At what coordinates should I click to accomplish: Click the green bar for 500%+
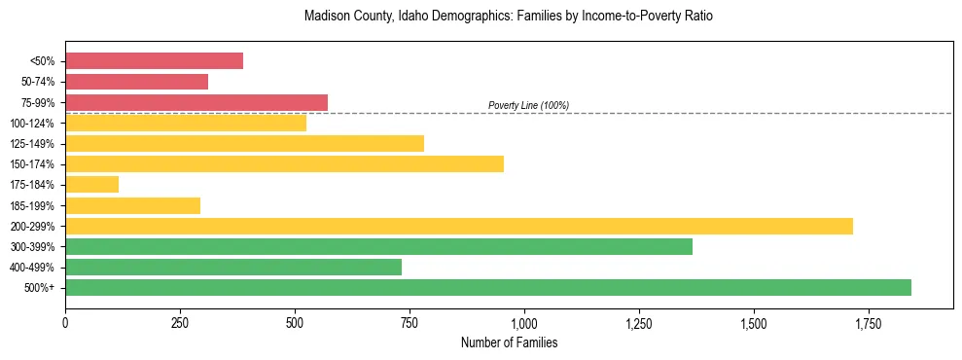click(488, 287)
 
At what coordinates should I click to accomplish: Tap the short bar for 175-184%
click(91, 184)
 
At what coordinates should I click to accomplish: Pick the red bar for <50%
click(154, 60)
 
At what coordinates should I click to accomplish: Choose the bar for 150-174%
click(284, 163)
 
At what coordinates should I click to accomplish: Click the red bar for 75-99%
click(196, 102)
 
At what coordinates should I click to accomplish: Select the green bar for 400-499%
click(233, 267)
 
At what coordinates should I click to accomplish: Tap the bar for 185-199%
click(132, 205)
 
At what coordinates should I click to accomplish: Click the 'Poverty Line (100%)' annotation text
click(528, 105)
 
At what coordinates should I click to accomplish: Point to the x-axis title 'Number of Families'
click(509, 343)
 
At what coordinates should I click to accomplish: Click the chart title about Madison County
click(509, 17)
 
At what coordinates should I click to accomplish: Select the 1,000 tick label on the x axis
click(524, 323)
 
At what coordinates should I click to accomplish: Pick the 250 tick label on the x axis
click(180, 323)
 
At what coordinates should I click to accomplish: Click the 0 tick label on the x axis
click(65, 323)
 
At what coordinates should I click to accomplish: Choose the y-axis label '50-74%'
click(38, 82)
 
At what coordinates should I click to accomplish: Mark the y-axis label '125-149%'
click(34, 144)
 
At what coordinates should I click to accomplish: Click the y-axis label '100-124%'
click(34, 123)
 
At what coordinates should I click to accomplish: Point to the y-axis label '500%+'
click(40, 288)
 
